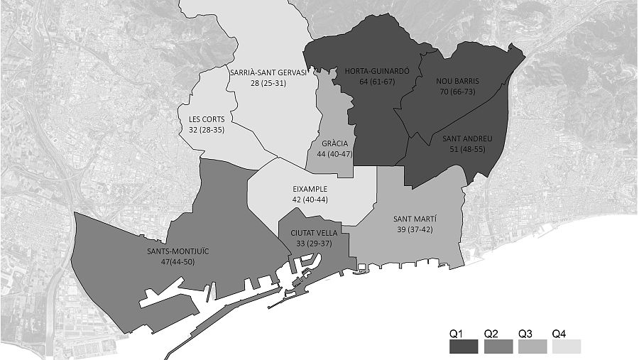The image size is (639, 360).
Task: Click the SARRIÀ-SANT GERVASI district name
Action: tap(268, 72)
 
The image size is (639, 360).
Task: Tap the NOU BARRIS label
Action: tap(457, 81)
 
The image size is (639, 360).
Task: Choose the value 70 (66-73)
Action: tap(457, 92)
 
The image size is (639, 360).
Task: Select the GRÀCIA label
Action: tap(334, 143)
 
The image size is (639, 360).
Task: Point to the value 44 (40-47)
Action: tap(334, 154)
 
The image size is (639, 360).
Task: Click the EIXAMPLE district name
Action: tap(310, 190)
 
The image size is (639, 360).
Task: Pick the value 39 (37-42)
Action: tap(415, 230)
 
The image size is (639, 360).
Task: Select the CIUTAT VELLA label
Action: tap(313, 233)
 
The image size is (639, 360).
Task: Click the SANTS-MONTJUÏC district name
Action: tap(177, 252)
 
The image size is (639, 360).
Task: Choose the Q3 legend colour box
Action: tap(532, 347)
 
